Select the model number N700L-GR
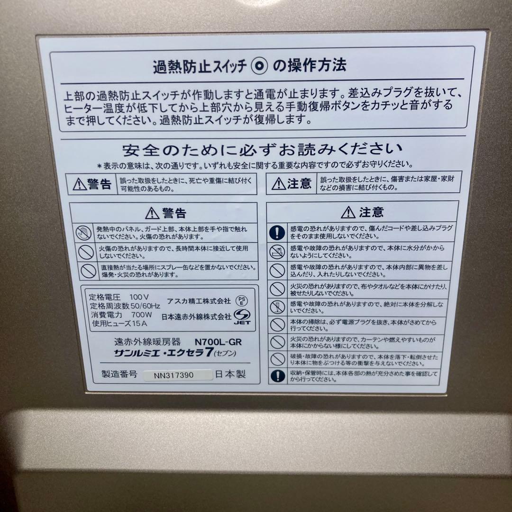[219, 341]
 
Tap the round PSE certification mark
[242, 301]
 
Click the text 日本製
[231, 374]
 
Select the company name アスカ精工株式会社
[199, 301]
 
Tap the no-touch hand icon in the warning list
[84, 232]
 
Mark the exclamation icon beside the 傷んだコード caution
[277, 232]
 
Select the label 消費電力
[106, 314]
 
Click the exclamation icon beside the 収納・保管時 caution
[277, 376]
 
